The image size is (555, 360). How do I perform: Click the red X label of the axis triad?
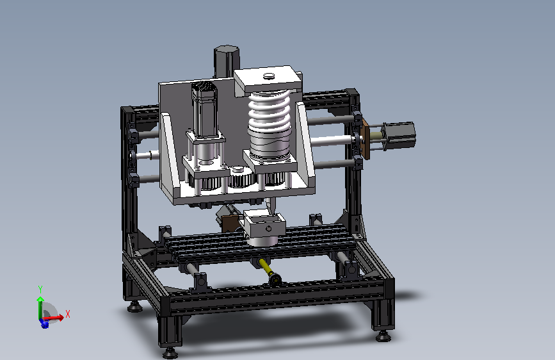coord(68,314)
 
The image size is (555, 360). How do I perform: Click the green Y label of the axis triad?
coord(40,290)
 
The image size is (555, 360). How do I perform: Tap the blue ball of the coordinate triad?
coord(45,324)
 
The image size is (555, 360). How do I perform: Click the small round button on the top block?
coord(269,76)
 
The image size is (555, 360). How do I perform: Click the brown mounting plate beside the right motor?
coord(366,139)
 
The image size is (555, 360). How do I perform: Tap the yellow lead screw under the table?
coord(266,268)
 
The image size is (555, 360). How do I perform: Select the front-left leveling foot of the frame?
coord(170,352)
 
